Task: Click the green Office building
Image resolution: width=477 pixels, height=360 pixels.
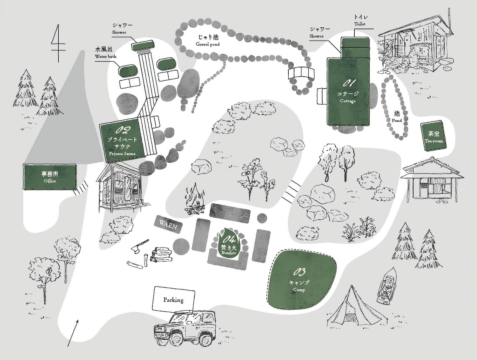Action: point(50,177)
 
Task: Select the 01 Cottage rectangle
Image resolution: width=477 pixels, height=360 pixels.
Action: point(348,92)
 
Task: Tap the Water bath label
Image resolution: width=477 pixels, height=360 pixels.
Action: point(105,53)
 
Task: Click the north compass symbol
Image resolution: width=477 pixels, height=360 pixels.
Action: point(58,43)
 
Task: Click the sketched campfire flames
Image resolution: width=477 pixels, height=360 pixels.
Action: point(195,199)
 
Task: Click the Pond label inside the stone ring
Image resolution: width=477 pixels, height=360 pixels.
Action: point(397,116)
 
